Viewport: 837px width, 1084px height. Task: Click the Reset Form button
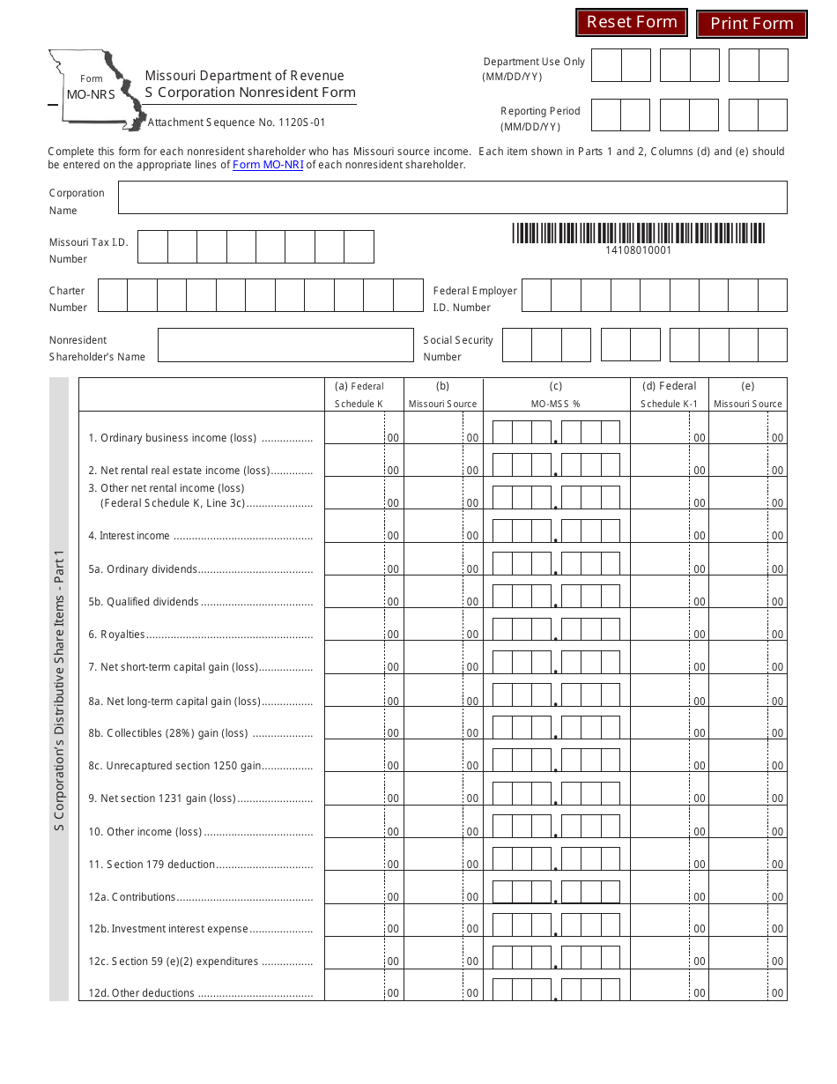632,23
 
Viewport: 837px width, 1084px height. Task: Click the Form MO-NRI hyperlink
268,165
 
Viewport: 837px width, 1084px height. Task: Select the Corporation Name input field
452,197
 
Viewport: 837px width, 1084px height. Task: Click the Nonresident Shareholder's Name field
285,345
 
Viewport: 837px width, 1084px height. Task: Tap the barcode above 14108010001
638,233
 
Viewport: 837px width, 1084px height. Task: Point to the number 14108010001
638,250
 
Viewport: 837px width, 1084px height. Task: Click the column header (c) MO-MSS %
556,395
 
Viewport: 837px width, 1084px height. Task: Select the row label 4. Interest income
129,536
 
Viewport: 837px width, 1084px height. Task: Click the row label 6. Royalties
116,635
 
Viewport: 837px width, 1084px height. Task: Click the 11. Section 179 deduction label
152,865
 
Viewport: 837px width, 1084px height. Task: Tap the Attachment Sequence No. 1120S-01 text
236,123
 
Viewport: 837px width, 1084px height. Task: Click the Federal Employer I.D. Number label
475,299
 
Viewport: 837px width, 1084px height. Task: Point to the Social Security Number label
458,348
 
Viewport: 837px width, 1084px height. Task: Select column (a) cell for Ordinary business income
355,432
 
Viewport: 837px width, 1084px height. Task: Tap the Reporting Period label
540,118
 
